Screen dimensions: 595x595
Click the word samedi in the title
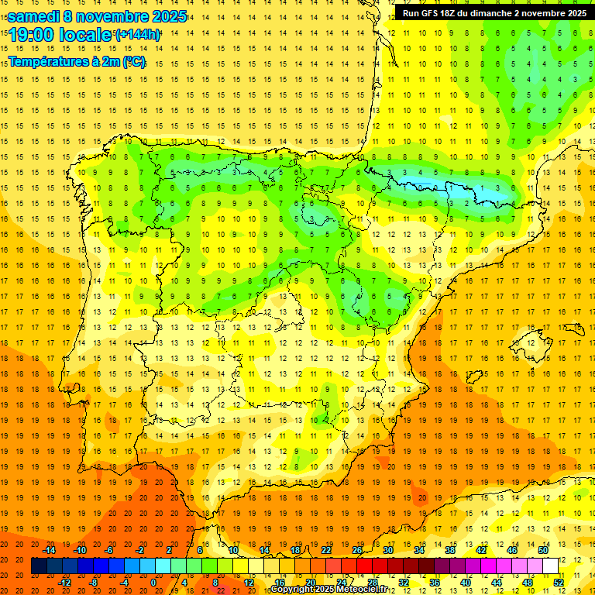tap(34, 16)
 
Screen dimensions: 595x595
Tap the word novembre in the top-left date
tap(111, 16)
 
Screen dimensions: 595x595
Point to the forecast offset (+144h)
tap(137, 35)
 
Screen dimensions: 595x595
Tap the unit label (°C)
tap(132, 61)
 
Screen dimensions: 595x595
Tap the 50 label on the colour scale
tap(543, 550)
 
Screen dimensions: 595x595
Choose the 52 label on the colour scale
tap(559, 583)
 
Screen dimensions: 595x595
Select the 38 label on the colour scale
tap(450, 550)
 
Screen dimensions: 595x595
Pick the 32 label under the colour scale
tap(404, 583)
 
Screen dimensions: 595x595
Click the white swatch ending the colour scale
tap(551, 566)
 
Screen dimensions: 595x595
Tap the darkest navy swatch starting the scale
tap(39, 566)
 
